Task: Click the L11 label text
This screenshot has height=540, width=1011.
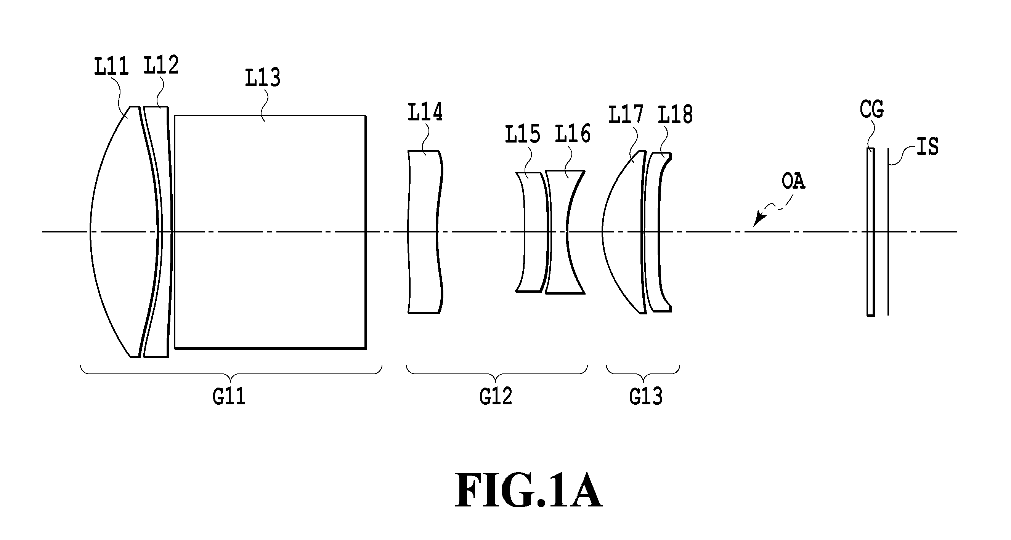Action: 111,66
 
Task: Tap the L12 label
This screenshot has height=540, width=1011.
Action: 161,65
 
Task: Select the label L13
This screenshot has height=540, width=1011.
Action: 263,77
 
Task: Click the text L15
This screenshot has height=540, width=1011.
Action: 522,133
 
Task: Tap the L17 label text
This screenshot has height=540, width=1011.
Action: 626,114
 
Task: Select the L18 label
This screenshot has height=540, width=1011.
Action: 675,115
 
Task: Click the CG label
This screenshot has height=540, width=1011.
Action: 872,109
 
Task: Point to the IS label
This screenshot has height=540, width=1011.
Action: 928,146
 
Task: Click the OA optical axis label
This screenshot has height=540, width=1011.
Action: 794,182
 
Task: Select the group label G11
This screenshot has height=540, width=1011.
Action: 229,396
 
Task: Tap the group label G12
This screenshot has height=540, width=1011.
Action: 496,396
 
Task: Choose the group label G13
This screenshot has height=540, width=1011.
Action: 646,396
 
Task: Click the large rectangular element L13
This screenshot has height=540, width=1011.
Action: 270,232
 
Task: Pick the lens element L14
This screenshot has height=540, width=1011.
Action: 425,232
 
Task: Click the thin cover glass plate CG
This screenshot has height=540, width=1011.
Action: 870,232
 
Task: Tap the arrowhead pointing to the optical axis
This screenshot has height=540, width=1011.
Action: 758,220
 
